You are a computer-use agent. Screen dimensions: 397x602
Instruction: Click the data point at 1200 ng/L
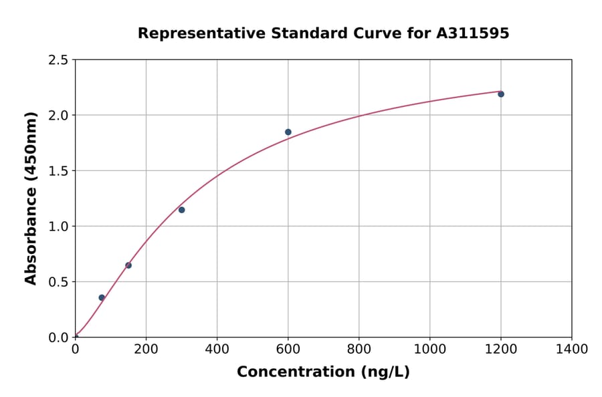click(x=500, y=94)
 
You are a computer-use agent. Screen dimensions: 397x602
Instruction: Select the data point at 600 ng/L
click(x=288, y=132)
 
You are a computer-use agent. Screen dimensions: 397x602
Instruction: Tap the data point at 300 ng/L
click(x=181, y=210)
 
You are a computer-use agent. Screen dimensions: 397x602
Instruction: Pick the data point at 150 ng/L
click(x=128, y=265)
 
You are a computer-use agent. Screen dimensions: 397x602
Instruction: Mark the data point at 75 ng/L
click(x=102, y=298)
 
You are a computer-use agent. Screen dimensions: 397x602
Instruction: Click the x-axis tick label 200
click(x=146, y=350)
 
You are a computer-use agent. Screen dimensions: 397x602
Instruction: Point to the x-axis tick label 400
click(x=217, y=350)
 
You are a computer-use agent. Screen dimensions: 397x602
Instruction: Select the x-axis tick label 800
click(x=359, y=350)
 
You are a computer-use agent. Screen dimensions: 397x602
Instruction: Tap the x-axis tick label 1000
click(x=430, y=350)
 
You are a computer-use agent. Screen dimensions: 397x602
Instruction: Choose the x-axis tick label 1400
click(x=572, y=350)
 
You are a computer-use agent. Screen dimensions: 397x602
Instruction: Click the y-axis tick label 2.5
click(x=58, y=60)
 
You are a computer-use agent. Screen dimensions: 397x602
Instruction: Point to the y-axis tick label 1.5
click(x=58, y=171)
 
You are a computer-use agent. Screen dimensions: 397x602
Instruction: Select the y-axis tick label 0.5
click(x=58, y=282)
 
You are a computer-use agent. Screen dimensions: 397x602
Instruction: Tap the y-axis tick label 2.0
click(x=58, y=116)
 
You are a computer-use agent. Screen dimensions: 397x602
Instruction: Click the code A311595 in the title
click(x=473, y=33)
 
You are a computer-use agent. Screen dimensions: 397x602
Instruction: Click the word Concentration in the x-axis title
click(x=295, y=372)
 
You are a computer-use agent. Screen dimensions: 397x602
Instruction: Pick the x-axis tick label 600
click(x=288, y=350)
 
